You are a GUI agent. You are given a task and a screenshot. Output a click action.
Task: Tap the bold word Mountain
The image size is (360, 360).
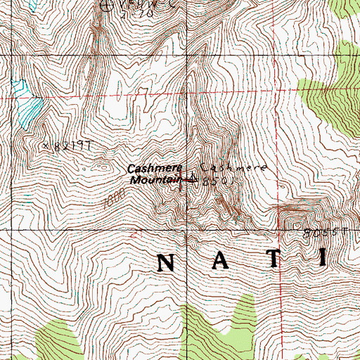(x=150, y=180)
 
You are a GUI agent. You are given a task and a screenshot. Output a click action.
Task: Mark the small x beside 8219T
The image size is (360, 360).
(x=45, y=146)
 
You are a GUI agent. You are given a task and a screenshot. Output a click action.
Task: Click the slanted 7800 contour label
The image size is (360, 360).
(x=108, y=200)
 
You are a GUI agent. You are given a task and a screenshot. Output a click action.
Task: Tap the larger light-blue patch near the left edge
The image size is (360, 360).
(x=30, y=109)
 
